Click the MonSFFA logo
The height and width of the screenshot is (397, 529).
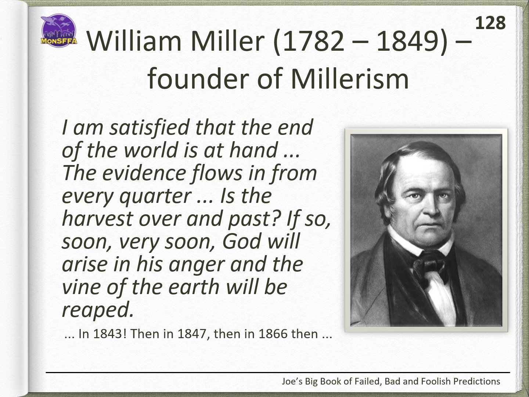click(59, 31)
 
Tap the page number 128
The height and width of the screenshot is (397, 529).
click(490, 23)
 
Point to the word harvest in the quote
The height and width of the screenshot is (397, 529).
click(97, 218)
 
